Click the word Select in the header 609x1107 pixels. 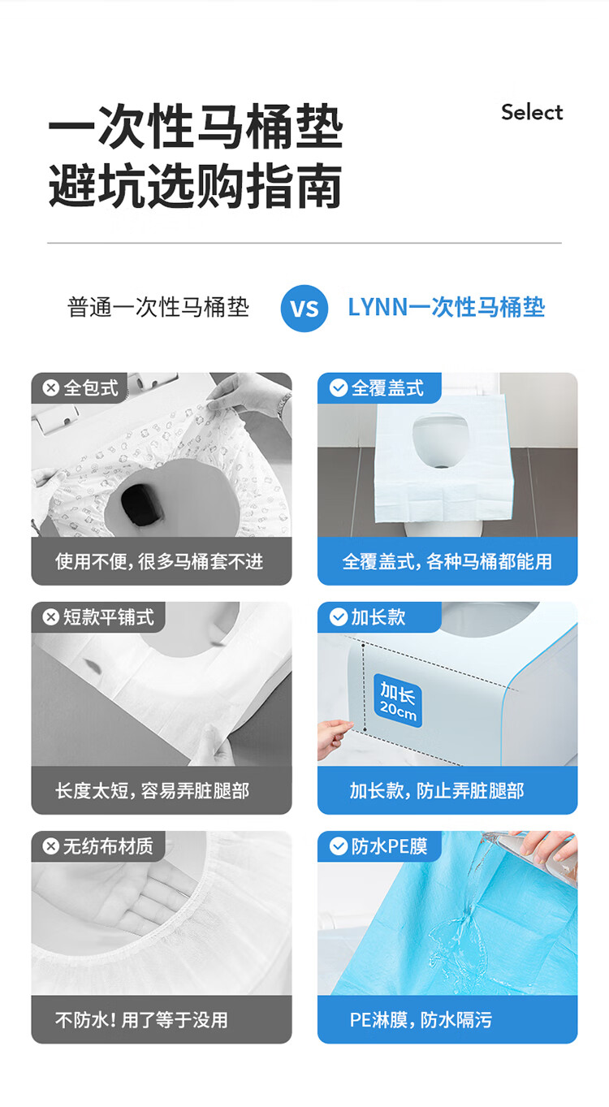pos(532,112)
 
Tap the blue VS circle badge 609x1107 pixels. pos(304,309)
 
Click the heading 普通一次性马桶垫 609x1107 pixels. pos(158,307)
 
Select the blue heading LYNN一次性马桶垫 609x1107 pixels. pos(447,307)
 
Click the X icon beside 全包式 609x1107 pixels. pos(51,388)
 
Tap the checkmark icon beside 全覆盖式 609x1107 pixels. pos(339,388)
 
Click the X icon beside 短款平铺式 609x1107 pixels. pos(51,617)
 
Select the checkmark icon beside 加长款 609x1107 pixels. pos(339,617)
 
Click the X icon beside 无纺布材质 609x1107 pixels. pos(51,846)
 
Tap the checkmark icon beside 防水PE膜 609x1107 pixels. pos(339,846)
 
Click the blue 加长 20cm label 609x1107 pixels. pos(398,700)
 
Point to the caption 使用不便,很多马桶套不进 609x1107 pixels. pos(159,562)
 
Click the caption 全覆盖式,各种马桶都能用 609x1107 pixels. pos(447,562)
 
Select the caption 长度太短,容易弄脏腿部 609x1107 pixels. pos(152,791)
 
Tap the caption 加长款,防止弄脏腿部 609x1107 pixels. pos(437,791)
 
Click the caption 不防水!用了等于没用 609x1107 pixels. pos(141,1020)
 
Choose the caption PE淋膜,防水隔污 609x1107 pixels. pos(421,1020)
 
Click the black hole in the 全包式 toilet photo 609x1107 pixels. pos(143,503)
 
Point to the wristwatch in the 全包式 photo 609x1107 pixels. pos(284,404)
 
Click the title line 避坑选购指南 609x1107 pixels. pos(196,186)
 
